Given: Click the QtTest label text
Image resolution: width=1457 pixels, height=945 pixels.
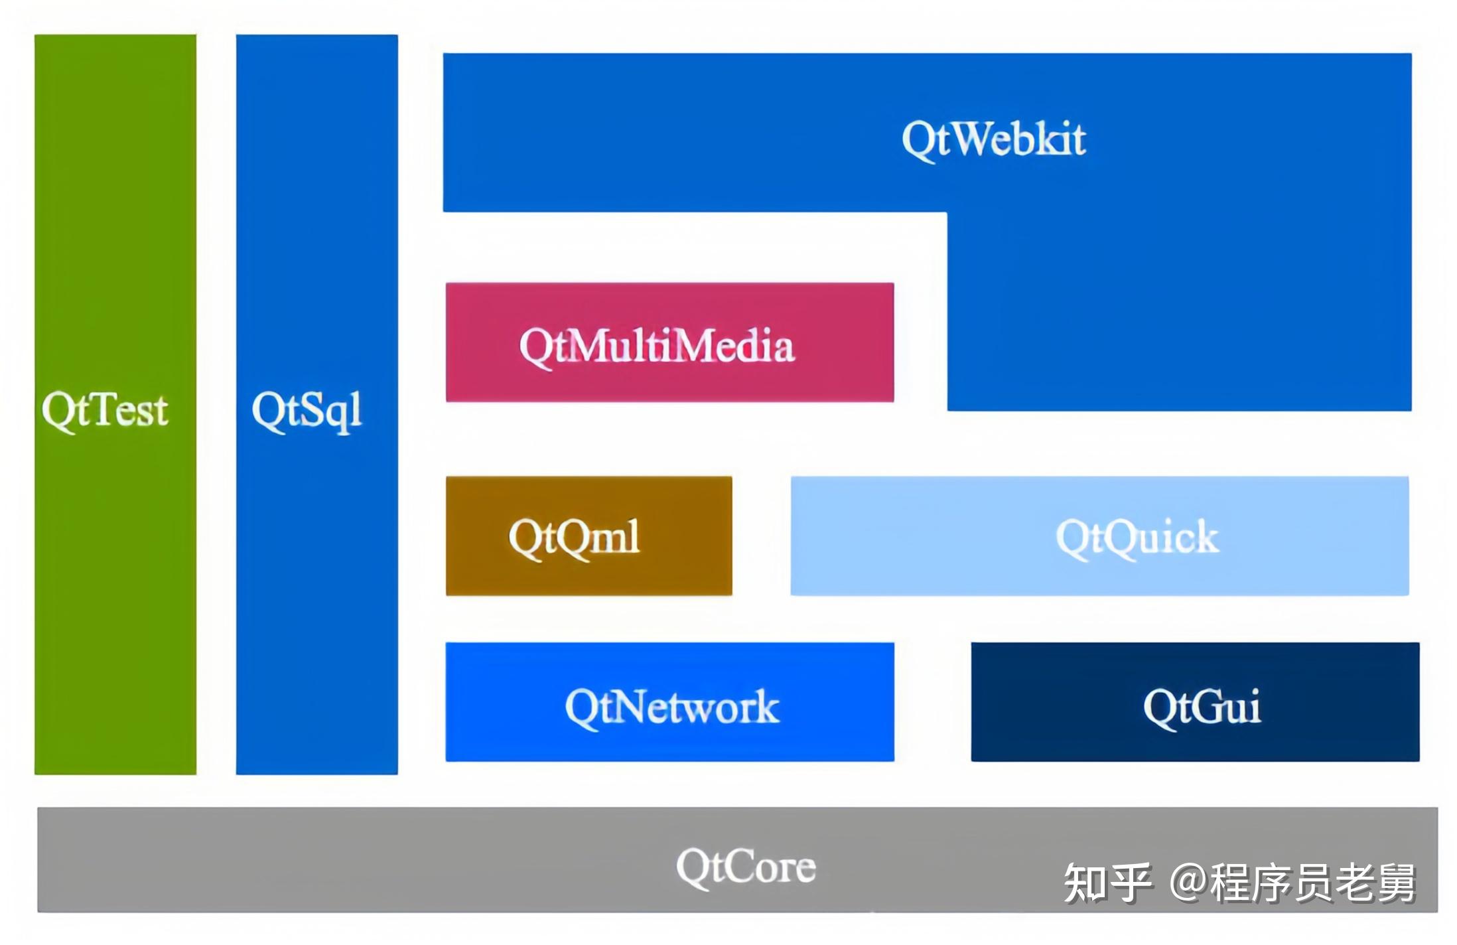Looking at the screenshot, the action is pos(104,410).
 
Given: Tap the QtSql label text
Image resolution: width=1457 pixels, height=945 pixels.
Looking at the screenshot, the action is pos(307,410).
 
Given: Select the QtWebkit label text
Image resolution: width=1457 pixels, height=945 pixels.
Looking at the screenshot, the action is pos(993,140).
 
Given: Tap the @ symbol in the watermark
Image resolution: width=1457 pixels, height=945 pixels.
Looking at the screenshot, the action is pos(1188,883).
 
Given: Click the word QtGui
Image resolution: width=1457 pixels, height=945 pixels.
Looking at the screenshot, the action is pos(1202,707).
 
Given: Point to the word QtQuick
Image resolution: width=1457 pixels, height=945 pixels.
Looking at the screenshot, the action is pos(1137,538).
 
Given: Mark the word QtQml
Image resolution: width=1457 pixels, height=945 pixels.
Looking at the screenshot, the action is pos(574,538).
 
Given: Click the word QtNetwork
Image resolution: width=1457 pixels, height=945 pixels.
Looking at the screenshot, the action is pos(671,707).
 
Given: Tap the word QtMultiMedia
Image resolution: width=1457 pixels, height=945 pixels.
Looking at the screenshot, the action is pos(656,346).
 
